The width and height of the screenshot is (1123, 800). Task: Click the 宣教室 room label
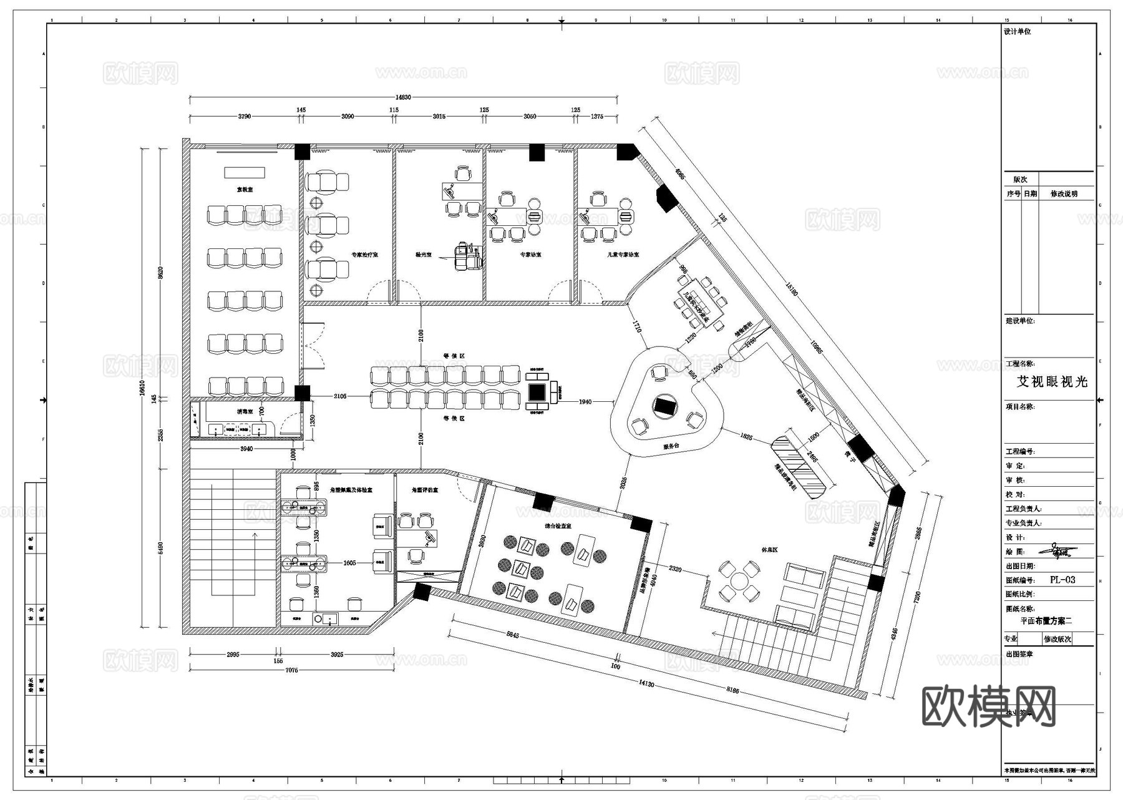pos(245,189)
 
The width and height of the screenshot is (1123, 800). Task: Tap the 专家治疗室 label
pos(364,255)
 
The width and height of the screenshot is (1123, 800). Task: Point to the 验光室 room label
pos(424,255)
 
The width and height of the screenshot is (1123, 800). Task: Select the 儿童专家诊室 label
pos(623,255)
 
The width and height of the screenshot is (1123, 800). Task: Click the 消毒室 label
pos(244,412)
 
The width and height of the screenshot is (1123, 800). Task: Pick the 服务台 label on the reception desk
pos(671,446)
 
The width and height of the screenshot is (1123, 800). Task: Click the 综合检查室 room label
pos(558,526)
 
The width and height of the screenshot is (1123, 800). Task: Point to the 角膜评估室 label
pos(425,490)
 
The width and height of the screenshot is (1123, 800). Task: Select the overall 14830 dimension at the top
pos(403,97)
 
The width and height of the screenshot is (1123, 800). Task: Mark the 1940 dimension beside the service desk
pos(585,402)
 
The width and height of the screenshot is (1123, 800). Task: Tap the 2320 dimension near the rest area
pos(675,568)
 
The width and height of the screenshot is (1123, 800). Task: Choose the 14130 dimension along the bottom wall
pos(646,684)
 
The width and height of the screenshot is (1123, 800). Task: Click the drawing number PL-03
pos(1062,580)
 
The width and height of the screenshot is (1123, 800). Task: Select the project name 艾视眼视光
pos(1053,382)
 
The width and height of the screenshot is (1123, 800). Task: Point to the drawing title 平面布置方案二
pos(1046,621)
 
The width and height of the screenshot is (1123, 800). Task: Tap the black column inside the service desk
pos(664,406)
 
